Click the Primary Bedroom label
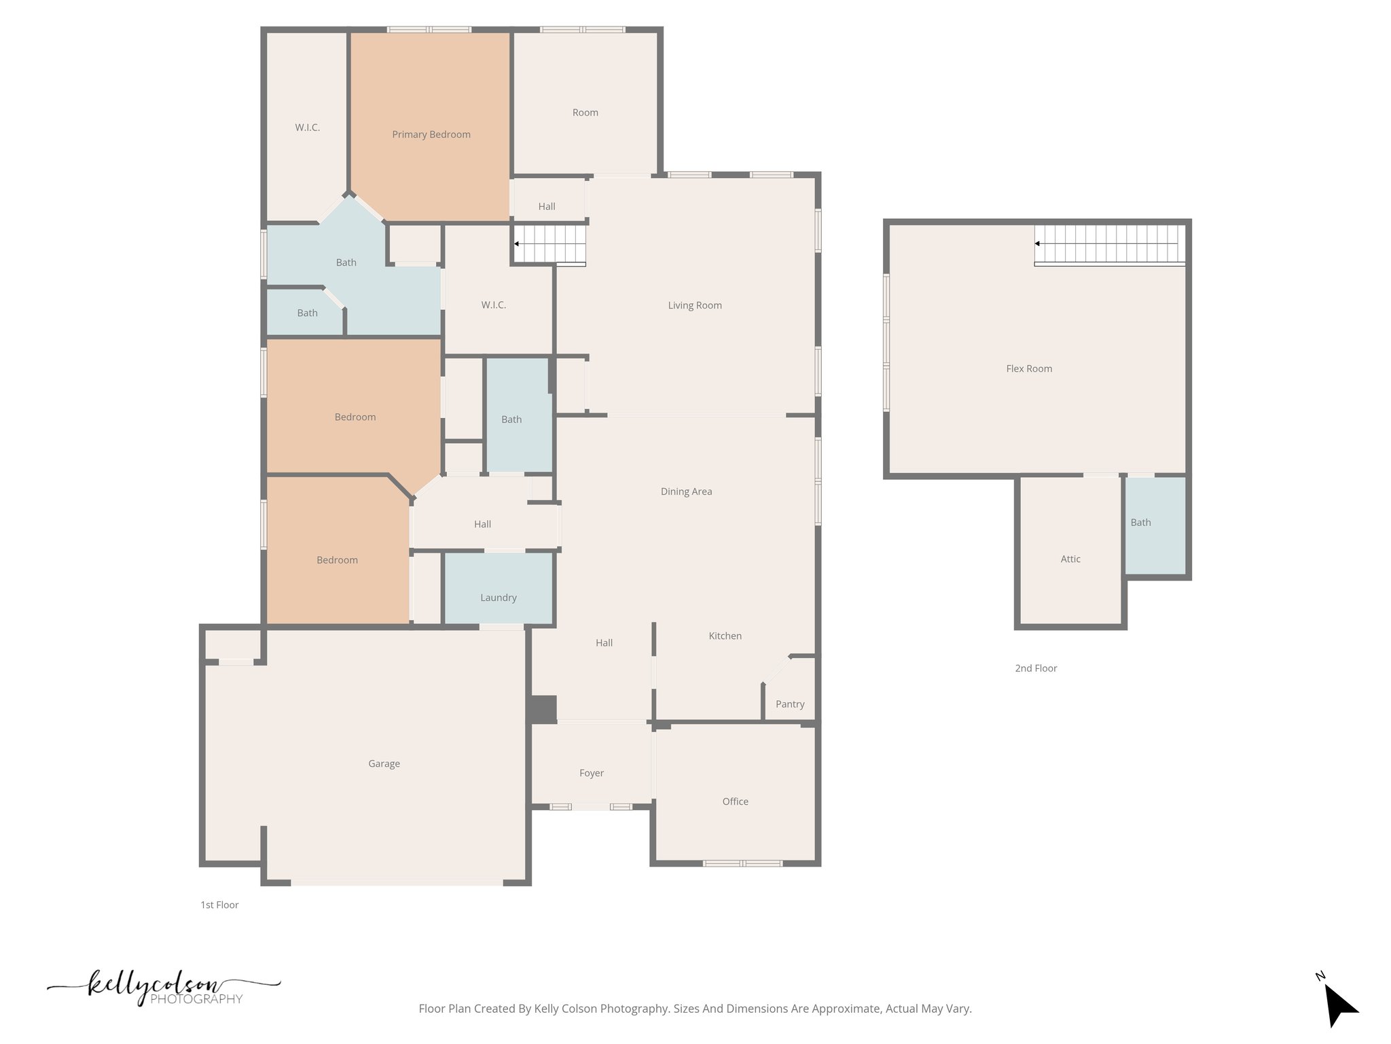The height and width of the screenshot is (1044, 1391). (431, 135)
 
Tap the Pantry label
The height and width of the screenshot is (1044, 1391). (790, 704)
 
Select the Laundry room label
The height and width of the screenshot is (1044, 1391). (498, 597)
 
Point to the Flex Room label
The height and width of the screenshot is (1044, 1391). (1029, 368)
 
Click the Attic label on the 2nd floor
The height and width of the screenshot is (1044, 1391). (1070, 559)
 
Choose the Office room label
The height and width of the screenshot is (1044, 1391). (735, 801)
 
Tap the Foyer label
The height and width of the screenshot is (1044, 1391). (591, 773)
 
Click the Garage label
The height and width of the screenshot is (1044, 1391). (384, 763)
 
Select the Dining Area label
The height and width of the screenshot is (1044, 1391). (686, 491)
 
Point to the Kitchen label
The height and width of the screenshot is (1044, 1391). (725, 636)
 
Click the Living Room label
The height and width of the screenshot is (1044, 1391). (694, 305)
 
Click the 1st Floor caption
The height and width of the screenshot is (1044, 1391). (219, 905)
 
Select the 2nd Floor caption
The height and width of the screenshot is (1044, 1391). (1036, 668)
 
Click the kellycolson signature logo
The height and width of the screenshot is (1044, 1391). (163, 988)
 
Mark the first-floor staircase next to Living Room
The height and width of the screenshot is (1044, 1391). (549, 244)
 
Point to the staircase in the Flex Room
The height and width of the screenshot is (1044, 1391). (1108, 245)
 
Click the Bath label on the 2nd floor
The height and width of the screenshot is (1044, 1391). (1140, 522)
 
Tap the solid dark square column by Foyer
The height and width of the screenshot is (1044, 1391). (543, 709)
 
